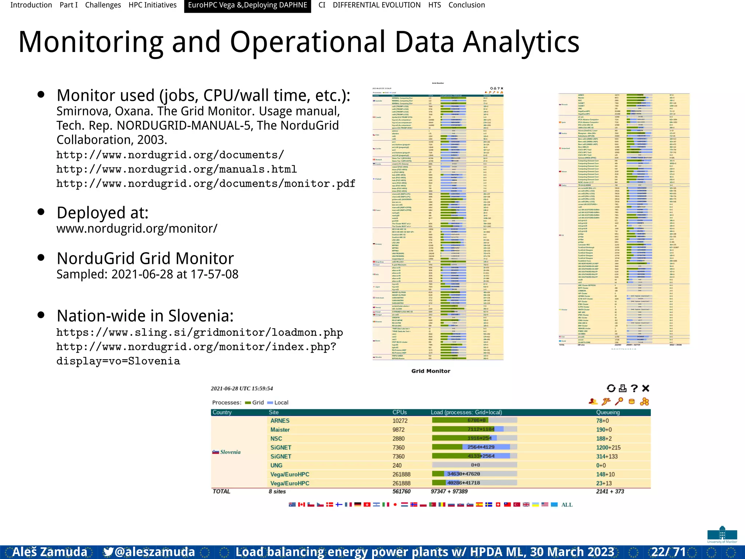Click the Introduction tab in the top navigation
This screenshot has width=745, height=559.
pos(31,5)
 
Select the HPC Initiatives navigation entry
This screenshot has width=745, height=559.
pos(152,5)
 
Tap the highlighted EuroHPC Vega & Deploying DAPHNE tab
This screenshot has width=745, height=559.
pos(247,5)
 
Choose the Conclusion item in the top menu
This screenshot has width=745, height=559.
pos(466,5)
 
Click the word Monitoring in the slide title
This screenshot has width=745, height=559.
pos(91,42)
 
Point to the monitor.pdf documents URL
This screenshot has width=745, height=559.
pos(206,183)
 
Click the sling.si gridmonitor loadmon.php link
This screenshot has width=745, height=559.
pos(199,332)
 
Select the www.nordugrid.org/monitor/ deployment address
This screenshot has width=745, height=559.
pos(137,229)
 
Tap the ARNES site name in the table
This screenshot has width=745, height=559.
pos(280,421)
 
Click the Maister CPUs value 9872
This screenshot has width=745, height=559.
pos(398,430)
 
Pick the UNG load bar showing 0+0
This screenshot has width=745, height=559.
pos(475,465)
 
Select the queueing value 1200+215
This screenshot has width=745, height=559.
pos(608,448)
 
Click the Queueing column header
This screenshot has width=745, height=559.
pos(607,412)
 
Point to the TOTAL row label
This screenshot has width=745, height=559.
pos(221,491)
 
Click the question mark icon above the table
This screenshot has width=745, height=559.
pos(634,388)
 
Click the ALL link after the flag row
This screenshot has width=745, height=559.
pos(566,505)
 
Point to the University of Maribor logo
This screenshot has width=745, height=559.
pos(722,534)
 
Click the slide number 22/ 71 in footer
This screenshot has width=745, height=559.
pos(668,552)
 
